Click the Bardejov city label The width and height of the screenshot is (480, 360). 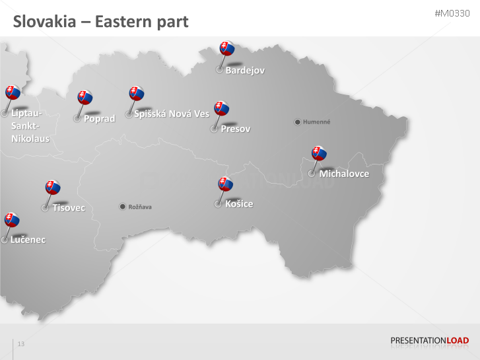pos(245,70)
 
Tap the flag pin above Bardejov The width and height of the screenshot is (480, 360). pos(227,48)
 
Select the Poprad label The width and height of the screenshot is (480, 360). pos(99,119)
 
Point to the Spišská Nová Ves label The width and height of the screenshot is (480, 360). pos(171,114)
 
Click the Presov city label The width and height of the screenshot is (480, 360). pos(236,129)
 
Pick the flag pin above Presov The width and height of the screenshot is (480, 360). pos(221,108)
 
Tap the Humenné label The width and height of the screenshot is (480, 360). pos(317,122)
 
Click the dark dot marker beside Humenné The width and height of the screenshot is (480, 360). pos(298,122)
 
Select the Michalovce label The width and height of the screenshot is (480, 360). pos(343,174)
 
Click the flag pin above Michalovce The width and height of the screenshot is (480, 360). pos(319,153)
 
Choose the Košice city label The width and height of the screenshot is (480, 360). pos(239,203)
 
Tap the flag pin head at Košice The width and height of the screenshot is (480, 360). pos(226,184)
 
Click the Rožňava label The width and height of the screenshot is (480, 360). pos(140,207)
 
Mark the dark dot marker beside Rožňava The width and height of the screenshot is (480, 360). pos(122,207)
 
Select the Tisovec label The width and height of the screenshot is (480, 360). pos(69,208)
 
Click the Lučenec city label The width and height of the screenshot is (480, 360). pos(28,240)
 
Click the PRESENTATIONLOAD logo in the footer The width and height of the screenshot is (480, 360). pos(430,341)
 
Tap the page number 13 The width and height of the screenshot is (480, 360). pos(21,344)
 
